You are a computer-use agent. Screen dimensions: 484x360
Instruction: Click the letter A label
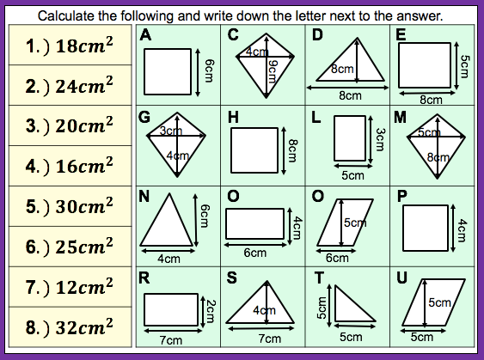click(x=145, y=34)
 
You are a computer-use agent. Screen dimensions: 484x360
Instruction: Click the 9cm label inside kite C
click(x=273, y=71)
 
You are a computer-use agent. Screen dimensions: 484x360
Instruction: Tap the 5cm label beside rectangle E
click(x=464, y=66)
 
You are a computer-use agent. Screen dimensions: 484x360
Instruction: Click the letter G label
click(x=144, y=117)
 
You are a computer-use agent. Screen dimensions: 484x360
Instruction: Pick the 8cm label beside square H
click(x=292, y=150)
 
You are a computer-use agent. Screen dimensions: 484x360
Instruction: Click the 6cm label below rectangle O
click(x=255, y=253)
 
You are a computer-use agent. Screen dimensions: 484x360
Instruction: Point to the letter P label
click(x=401, y=196)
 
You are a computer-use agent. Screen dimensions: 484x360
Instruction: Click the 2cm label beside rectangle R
click(x=211, y=311)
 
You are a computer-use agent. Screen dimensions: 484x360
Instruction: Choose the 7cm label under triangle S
click(x=270, y=339)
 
